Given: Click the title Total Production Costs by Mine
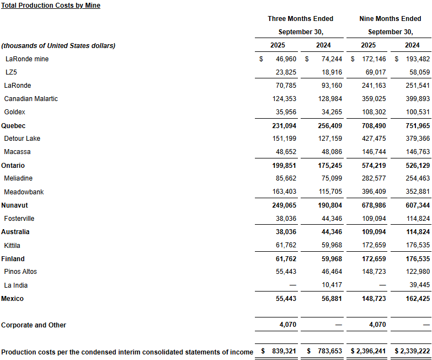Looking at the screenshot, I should (x=51, y=6).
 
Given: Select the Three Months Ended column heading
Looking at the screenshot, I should (x=300, y=19).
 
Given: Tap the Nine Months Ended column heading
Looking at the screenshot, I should (x=390, y=19).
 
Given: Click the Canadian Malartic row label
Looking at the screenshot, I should (x=31, y=99).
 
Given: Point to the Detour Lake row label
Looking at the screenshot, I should (x=22, y=139).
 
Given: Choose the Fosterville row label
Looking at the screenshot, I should (x=19, y=219).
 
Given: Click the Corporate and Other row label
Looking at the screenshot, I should (x=34, y=325).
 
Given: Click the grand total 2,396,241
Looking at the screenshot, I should (x=371, y=352).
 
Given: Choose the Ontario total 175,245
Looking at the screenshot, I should (x=330, y=166).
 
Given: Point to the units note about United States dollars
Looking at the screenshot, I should (x=58, y=46).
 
